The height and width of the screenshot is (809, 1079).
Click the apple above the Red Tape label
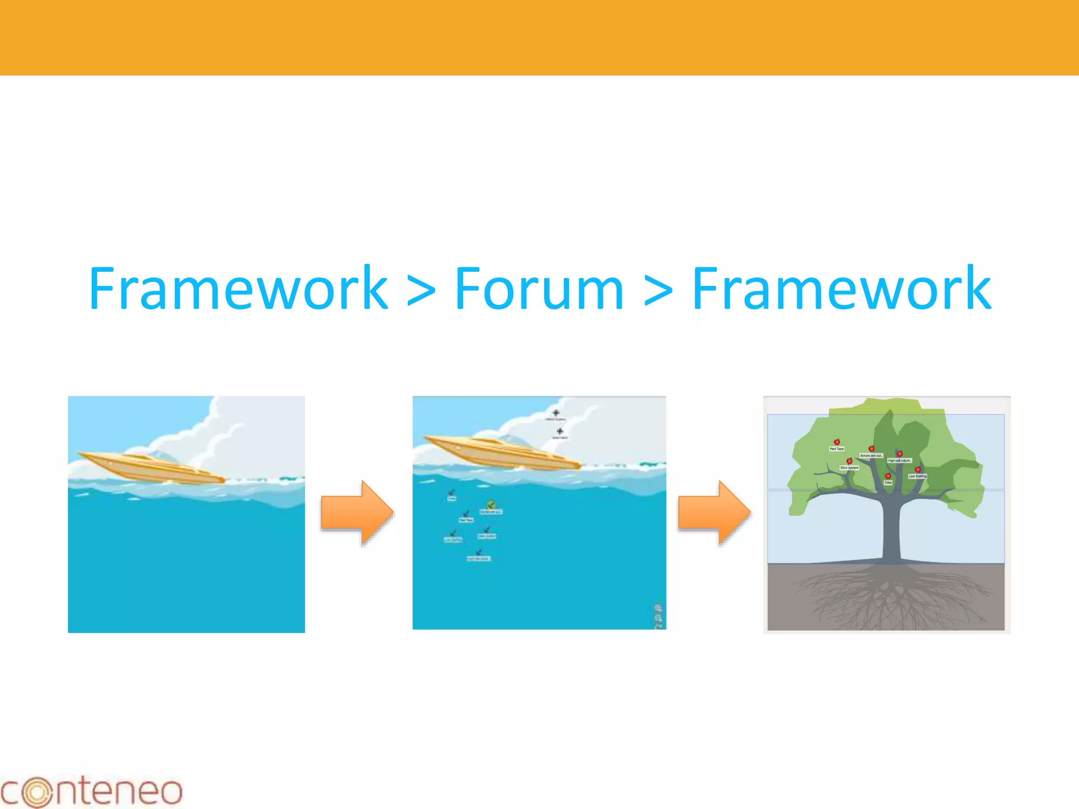(x=837, y=442)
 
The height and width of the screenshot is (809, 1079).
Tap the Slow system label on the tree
(x=849, y=468)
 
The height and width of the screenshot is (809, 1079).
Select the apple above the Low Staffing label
(x=918, y=469)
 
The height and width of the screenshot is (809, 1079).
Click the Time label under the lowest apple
(x=888, y=482)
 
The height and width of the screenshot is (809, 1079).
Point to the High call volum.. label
(x=899, y=460)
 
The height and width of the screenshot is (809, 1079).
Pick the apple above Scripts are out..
(x=871, y=449)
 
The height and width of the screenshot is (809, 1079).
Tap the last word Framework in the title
(x=841, y=289)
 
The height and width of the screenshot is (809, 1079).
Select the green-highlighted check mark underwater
(x=491, y=505)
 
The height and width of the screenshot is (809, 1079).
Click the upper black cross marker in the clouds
(x=555, y=413)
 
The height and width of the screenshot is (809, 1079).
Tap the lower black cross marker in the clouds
(x=560, y=431)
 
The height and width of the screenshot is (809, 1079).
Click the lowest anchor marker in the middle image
(x=479, y=553)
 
